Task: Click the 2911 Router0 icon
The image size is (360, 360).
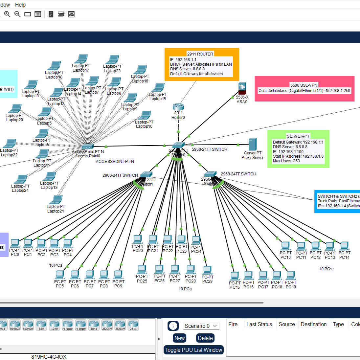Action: tap(178, 107)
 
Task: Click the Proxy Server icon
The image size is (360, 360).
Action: tap(252, 144)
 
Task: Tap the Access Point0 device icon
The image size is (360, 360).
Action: tap(88, 146)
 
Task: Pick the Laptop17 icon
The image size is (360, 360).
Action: tap(81, 59)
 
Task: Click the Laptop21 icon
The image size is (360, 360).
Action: tap(56, 200)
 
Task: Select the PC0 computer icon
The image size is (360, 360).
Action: tap(14, 243)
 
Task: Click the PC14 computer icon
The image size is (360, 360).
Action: tap(344, 246)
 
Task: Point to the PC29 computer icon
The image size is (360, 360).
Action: tap(207, 270)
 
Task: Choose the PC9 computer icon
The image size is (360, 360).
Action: tap(118, 275)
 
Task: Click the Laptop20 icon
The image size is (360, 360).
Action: tap(15, 108)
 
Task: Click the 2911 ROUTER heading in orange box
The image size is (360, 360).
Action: tap(200, 54)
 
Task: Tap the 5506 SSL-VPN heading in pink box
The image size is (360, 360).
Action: tap(304, 85)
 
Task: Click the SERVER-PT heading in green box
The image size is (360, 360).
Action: tap(298, 136)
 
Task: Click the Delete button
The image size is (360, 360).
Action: tap(205, 338)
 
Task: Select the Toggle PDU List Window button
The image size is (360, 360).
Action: tap(193, 350)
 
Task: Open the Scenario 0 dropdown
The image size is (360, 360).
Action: tap(201, 326)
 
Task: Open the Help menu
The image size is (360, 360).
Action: tap(20, 5)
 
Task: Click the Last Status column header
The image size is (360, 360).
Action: tap(259, 324)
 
